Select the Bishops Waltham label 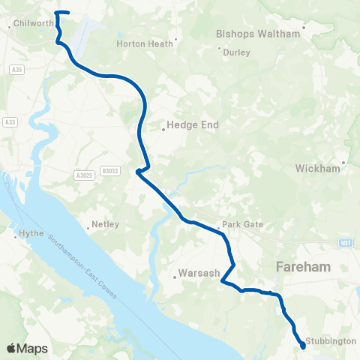click(x=257, y=34)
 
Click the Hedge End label click(x=192, y=126)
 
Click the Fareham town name click(x=306, y=266)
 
